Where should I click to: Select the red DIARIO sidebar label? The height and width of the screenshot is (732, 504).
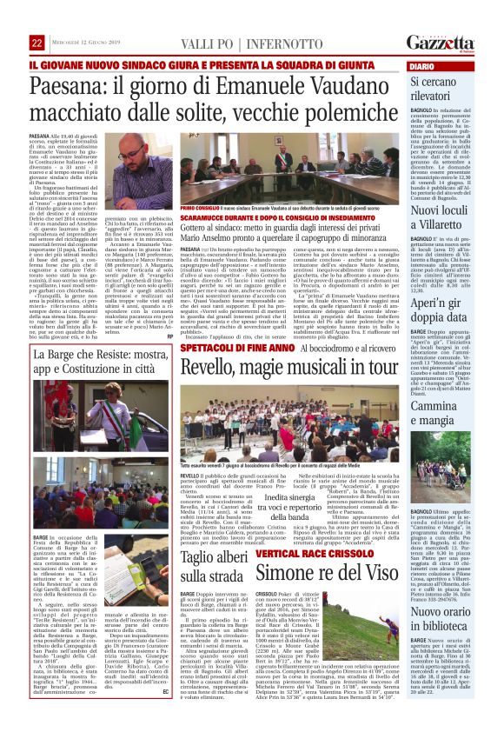[x=421, y=66]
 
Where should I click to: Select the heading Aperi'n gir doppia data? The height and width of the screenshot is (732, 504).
[x=445, y=314]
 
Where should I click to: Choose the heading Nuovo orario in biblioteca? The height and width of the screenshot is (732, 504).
[x=445, y=613]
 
